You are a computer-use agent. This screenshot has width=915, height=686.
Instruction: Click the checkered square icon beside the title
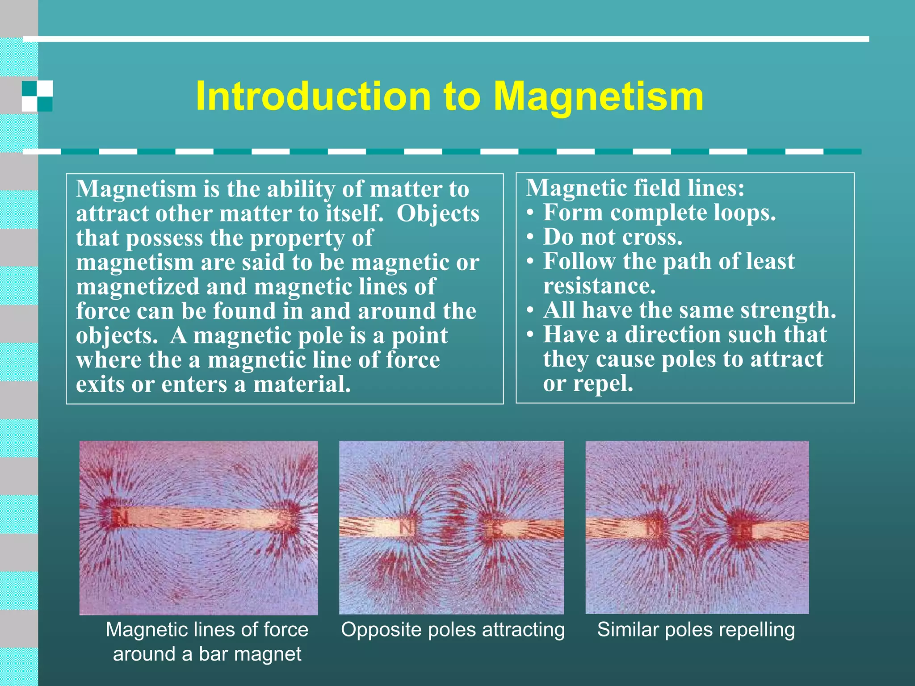click(38, 96)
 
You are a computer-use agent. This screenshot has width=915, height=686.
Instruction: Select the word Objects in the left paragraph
click(438, 213)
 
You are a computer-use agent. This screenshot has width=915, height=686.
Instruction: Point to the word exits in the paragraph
click(101, 384)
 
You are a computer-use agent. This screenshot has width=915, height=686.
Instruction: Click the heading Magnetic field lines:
click(635, 188)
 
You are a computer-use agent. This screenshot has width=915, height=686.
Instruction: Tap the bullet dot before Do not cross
click(530, 238)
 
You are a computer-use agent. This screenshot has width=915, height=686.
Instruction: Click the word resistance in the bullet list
click(599, 286)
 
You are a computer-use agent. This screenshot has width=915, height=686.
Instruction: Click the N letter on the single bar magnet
click(119, 518)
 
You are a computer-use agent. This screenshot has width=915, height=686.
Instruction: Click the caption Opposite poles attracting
click(453, 630)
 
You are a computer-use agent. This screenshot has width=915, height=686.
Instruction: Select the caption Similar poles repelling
click(696, 630)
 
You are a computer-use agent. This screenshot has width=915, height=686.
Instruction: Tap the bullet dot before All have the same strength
click(530, 311)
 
